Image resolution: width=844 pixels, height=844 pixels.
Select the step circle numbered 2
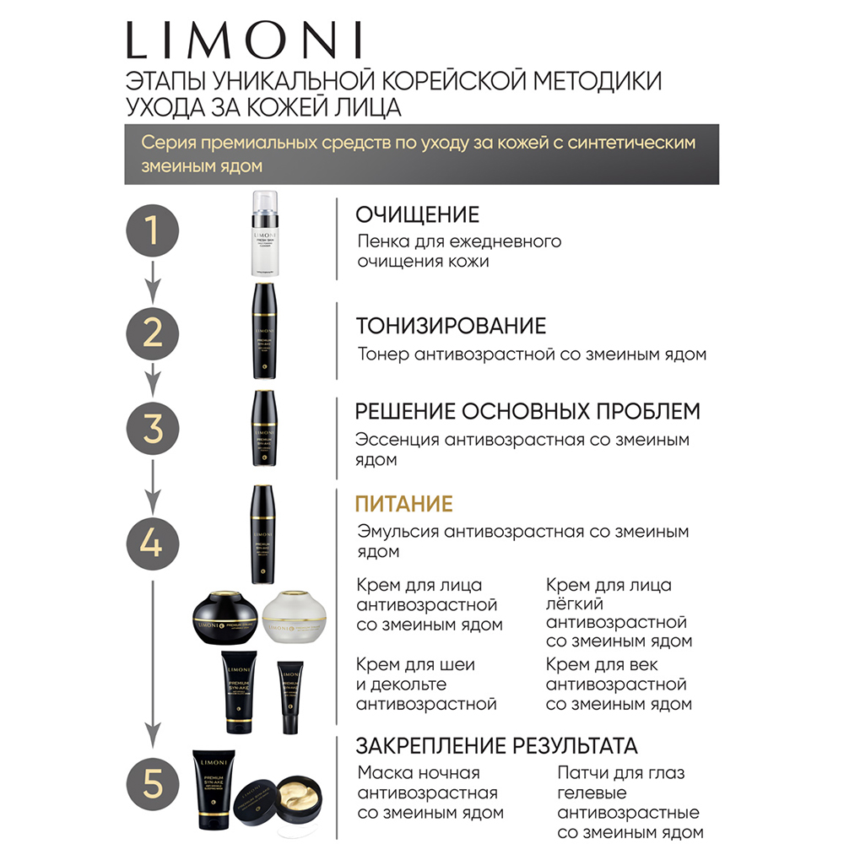[152, 333]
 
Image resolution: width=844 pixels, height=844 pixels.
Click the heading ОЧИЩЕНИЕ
[417, 214]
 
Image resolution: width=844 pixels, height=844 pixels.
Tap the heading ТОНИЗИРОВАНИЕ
[451, 326]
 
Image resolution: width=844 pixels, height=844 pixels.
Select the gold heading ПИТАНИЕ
[404, 504]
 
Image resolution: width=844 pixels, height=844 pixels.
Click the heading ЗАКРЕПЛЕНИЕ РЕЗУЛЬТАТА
[496, 746]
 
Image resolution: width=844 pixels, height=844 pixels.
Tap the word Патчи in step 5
[583, 773]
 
